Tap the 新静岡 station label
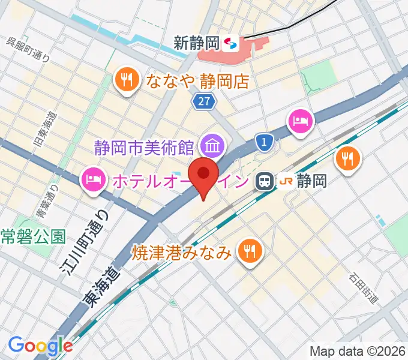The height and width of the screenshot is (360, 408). coord(196,43)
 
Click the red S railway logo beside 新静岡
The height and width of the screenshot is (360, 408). coord(230,43)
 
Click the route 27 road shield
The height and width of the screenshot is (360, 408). coord(204,102)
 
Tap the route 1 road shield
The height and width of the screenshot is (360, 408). coord(264,142)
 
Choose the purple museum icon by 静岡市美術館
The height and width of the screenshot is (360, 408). coord(212,144)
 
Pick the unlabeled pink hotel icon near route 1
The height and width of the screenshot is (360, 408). coord(301,121)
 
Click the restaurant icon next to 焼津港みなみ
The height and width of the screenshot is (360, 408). coord(248,250)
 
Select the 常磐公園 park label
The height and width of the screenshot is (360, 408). coord(32,236)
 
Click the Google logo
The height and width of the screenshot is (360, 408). coord(41,346)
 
